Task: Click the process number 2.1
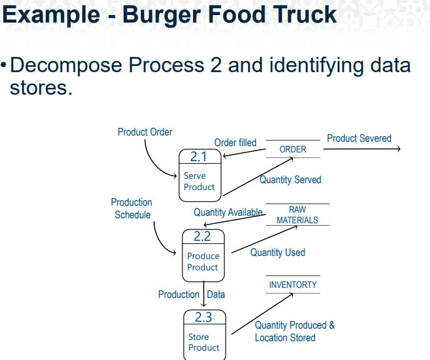[x=199, y=157]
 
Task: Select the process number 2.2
[x=202, y=236]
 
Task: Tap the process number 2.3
[x=203, y=317]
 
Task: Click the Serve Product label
[x=199, y=181]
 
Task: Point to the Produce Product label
[x=203, y=262]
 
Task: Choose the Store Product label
[x=204, y=342]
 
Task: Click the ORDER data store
[x=293, y=149]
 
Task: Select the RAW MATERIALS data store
[x=297, y=215]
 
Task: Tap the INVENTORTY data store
[x=293, y=285]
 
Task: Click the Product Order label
[x=145, y=132]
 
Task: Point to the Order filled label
[x=235, y=143]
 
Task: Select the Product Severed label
[x=359, y=138]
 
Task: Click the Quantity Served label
[x=290, y=180]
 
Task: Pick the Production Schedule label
[x=132, y=208]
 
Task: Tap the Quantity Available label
[x=228, y=212]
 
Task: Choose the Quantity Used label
[x=278, y=252]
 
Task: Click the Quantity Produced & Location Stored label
[x=294, y=331]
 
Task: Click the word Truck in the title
[x=298, y=15]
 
